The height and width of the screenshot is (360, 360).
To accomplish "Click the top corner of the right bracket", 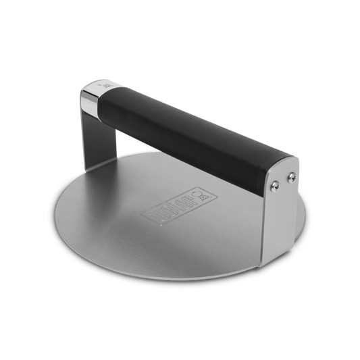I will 298,157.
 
